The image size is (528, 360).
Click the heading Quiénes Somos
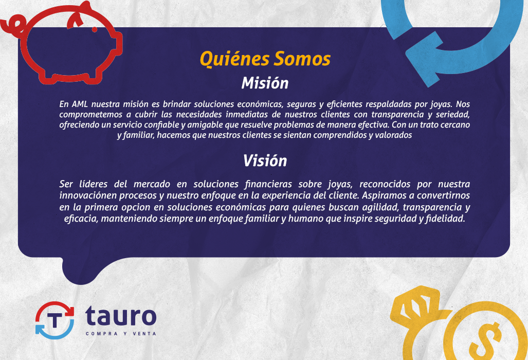tap(265, 59)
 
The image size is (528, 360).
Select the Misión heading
tap(265, 83)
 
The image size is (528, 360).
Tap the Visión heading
tap(265, 161)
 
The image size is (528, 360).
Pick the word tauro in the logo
tap(120, 315)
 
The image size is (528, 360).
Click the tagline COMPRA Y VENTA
tap(120, 334)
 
